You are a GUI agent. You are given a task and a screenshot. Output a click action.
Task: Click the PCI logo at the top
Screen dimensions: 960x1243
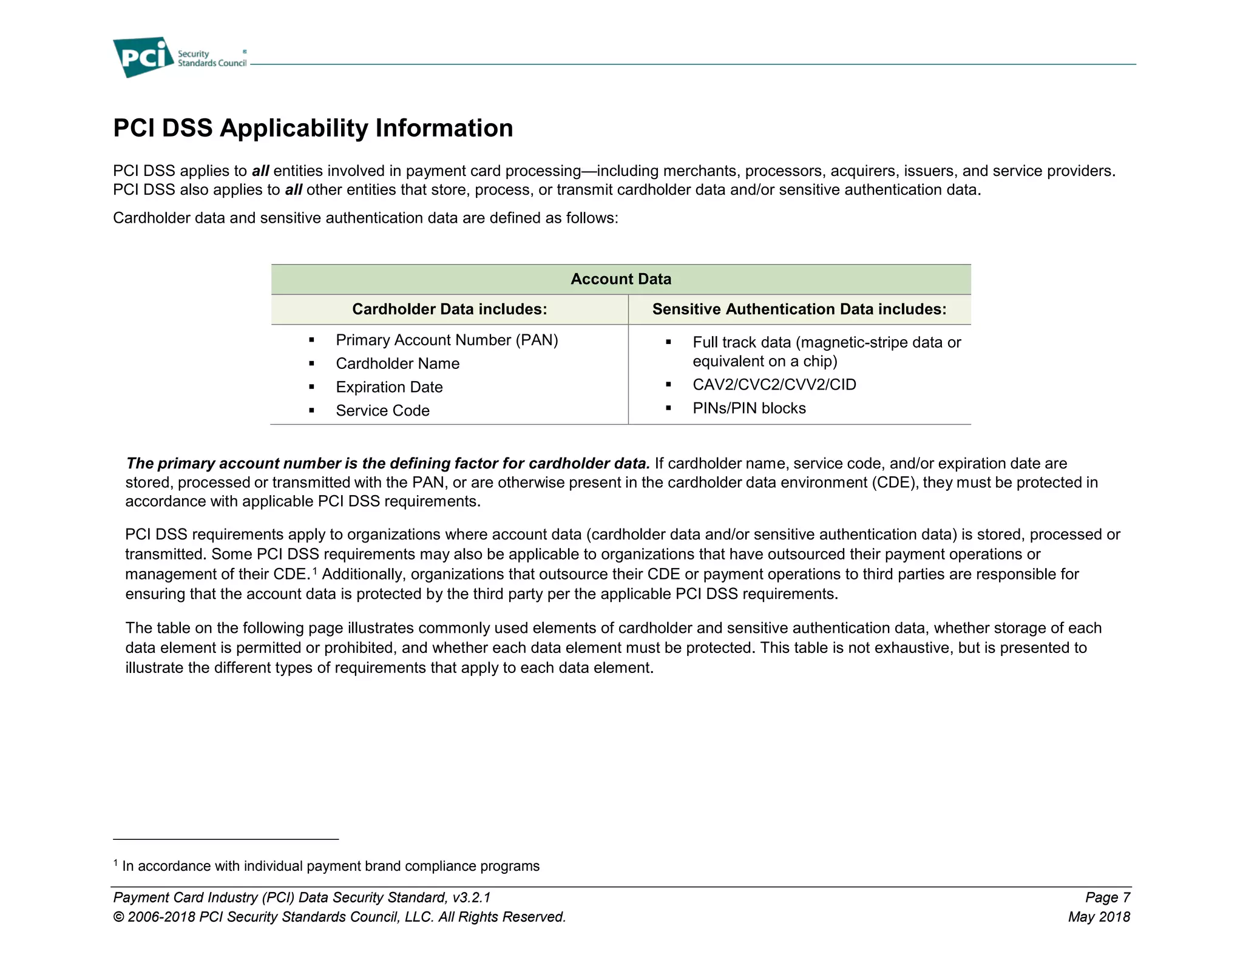pos(143,57)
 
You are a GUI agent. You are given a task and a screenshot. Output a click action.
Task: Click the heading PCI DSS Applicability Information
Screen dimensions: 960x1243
pos(313,128)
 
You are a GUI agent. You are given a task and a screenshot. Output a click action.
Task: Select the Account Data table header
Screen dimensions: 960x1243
pos(620,279)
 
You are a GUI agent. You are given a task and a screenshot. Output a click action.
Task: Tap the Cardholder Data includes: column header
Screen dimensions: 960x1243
pos(449,309)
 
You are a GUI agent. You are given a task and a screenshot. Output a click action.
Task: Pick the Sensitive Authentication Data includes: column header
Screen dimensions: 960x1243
pos(799,309)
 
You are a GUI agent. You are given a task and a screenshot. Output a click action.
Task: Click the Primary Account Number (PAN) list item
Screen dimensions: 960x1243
pos(447,340)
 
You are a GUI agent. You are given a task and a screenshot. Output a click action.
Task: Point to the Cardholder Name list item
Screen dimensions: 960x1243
pos(398,363)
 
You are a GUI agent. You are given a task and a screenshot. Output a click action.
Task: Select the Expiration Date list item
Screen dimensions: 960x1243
pos(389,387)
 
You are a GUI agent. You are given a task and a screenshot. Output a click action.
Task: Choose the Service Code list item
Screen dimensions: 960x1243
pos(382,411)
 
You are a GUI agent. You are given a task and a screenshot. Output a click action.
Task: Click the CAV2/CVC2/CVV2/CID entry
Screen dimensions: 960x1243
pos(774,385)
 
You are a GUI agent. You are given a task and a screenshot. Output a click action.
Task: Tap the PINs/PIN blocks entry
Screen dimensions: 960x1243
pos(749,408)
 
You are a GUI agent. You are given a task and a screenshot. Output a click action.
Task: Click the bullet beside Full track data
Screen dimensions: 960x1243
pos(668,343)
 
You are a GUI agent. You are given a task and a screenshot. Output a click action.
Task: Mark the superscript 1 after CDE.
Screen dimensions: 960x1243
pos(315,570)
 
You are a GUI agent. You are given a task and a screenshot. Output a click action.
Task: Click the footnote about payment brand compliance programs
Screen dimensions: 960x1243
pos(330,866)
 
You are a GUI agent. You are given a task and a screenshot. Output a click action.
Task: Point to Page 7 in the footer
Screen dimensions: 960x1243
pos(1107,897)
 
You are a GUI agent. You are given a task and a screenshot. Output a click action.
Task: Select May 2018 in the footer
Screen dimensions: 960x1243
pos(1099,917)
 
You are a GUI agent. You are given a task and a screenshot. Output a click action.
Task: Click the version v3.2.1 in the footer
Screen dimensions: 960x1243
pos(472,897)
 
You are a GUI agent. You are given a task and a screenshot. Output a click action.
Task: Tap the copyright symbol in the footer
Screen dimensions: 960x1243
pos(118,917)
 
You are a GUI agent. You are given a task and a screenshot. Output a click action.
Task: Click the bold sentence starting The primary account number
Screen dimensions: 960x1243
pos(388,464)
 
